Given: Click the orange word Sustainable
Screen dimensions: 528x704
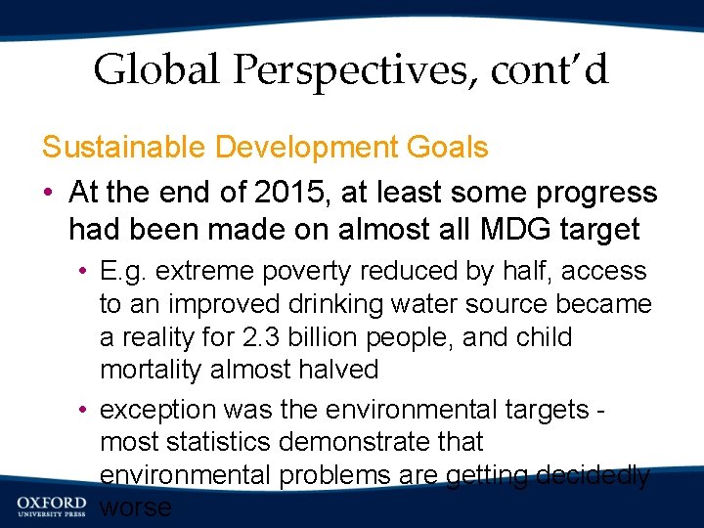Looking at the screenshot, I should coord(123,148).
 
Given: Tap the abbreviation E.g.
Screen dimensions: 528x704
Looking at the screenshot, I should coord(124,271).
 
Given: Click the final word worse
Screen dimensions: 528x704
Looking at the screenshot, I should coord(136,508).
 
